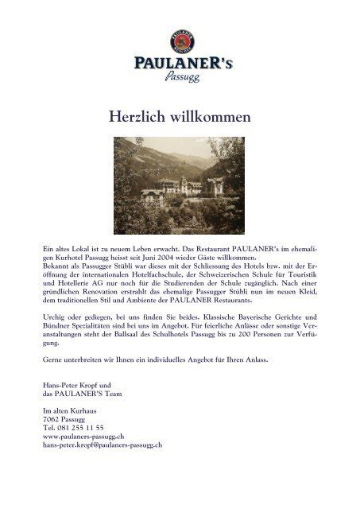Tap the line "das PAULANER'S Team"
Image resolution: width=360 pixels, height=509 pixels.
80,395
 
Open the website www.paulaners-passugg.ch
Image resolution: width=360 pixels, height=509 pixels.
83,436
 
